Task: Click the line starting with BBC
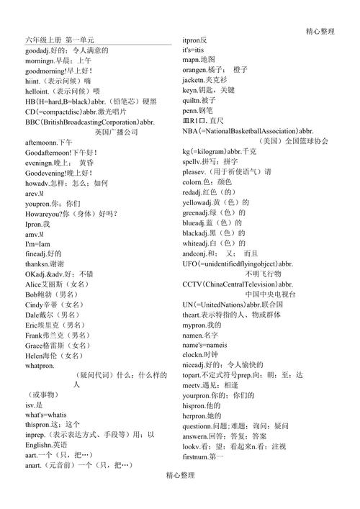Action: click(x=89, y=122)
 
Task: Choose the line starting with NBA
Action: click(x=248, y=131)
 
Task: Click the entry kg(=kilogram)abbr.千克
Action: click(x=219, y=152)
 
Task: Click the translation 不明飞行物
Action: click(x=263, y=274)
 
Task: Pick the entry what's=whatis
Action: click(x=45, y=415)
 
